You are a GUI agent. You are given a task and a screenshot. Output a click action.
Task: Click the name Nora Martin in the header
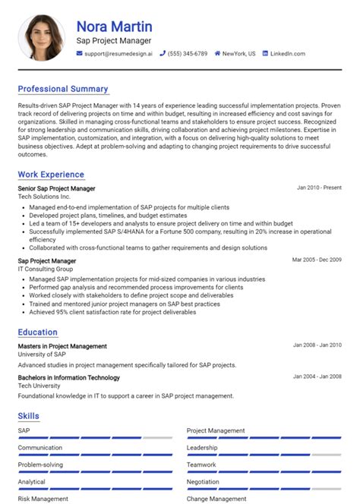tap(114, 27)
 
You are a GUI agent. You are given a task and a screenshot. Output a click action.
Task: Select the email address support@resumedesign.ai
tap(118, 54)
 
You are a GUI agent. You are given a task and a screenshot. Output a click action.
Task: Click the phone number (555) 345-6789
tap(187, 54)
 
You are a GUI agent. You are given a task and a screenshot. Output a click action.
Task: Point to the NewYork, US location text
tap(239, 54)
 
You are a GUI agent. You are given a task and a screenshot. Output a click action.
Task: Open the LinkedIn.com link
tap(287, 54)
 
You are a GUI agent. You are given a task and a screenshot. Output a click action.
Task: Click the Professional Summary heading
tap(63, 89)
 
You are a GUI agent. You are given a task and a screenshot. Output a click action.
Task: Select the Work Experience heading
tap(51, 175)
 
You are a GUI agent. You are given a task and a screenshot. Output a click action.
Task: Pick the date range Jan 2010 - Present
tap(319, 187)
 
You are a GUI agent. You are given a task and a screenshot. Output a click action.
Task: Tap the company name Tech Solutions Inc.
tap(49, 197)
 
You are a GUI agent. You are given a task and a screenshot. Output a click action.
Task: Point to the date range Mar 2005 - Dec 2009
tap(317, 260)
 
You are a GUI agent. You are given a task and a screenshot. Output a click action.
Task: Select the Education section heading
tap(38, 332)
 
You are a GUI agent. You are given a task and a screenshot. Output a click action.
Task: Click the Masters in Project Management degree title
tap(62, 346)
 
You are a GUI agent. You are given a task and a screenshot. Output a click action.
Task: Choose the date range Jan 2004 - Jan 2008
tap(317, 376)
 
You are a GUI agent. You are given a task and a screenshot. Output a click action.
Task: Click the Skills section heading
tap(29, 416)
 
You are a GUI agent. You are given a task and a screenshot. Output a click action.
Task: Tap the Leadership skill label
tap(203, 448)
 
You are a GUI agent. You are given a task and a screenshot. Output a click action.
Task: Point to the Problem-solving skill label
tap(41, 465)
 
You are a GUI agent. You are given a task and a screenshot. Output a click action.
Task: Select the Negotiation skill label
tap(204, 482)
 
